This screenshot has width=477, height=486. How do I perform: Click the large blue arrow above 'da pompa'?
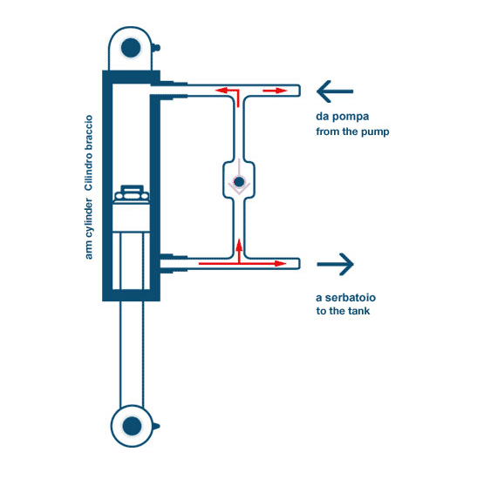[335, 91]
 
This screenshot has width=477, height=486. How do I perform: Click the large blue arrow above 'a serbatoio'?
[335, 265]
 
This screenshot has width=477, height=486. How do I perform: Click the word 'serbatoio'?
[351, 298]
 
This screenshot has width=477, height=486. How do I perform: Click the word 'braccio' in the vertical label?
[89, 133]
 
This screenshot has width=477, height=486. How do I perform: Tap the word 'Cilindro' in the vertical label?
[89, 172]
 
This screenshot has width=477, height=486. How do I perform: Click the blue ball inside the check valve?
[239, 182]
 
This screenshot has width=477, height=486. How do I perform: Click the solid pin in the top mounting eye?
[131, 48]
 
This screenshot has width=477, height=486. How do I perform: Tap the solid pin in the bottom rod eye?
[132, 426]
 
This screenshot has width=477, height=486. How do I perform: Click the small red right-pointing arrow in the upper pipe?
[275, 91]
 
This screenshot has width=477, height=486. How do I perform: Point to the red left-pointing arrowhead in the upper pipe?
[221, 91]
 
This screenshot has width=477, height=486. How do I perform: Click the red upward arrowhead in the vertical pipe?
[239, 244]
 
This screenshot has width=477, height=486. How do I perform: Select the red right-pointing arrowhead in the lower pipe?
[281, 263]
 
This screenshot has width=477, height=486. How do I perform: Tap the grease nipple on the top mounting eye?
[156, 47]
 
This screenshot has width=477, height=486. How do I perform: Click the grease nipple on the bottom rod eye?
[156, 426]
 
